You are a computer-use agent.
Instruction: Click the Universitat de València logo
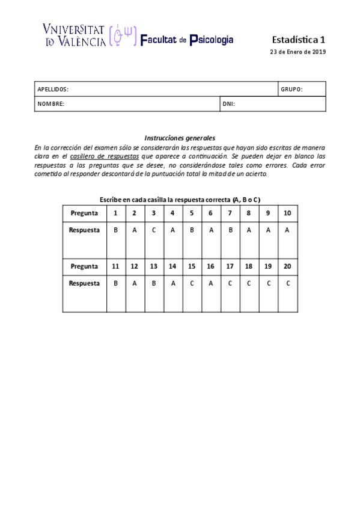90,35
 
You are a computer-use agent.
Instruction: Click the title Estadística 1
299,39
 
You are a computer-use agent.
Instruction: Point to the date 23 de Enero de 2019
297,52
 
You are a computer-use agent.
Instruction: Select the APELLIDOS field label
53,89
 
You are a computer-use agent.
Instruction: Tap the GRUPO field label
291,89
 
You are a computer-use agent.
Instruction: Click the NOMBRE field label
50,104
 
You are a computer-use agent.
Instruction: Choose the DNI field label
228,104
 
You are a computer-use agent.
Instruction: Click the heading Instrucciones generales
180,138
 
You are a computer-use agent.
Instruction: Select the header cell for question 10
287,214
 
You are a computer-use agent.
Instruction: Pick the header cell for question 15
192,266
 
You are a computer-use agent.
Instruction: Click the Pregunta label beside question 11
84,266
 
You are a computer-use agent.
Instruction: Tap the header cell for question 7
230,214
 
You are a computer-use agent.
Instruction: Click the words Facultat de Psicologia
187,40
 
